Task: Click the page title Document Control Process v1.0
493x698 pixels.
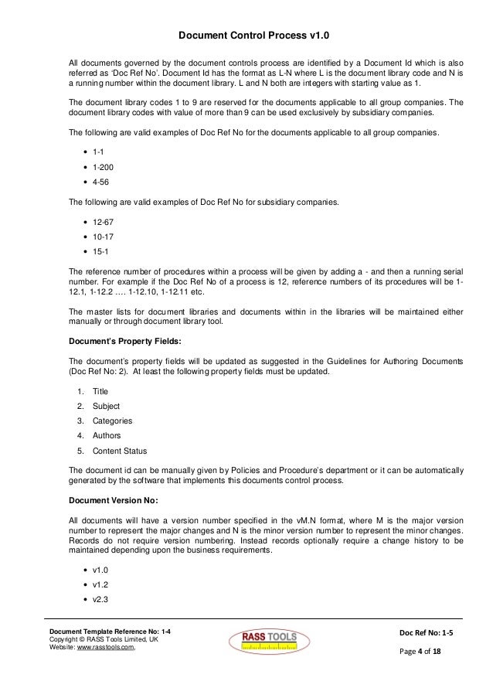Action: coord(246,35)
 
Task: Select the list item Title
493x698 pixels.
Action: coord(100,392)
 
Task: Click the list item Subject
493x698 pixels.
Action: coord(106,407)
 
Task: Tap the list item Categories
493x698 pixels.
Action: coord(112,421)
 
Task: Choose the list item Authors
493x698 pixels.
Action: coord(107,436)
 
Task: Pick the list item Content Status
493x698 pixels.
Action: coord(120,451)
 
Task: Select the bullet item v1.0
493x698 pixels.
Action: coord(100,570)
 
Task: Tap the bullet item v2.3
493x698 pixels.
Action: coord(100,599)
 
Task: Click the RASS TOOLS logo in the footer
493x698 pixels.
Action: coord(268,641)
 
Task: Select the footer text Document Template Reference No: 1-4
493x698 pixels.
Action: coord(110,633)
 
